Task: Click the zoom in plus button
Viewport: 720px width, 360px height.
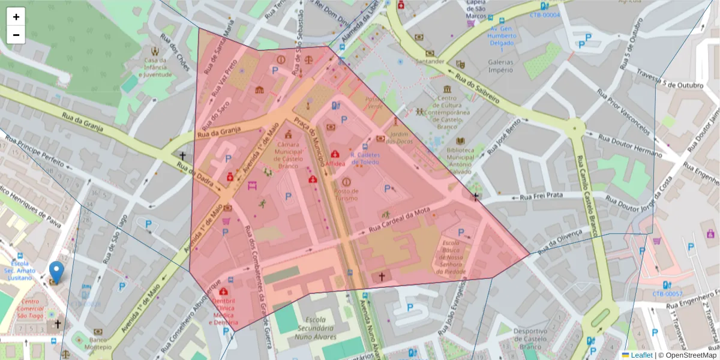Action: point(16,17)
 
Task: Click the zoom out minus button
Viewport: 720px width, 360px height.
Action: point(16,35)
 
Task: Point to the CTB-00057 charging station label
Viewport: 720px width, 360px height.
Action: point(667,294)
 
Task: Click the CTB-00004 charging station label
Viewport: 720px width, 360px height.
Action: point(545,15)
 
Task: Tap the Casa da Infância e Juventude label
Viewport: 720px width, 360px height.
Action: point(158,67)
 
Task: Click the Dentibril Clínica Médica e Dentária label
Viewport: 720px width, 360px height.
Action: point(223,311)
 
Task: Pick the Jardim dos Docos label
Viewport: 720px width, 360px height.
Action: point(399,137)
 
